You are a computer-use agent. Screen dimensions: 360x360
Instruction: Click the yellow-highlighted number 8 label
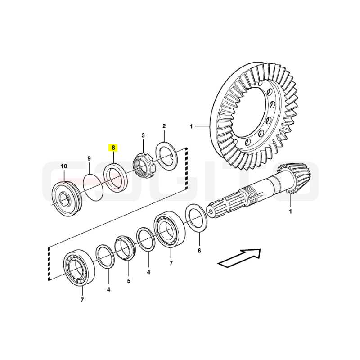pyautogui.click(x=113, y=148)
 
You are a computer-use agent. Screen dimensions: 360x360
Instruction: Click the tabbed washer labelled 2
pyautogui.click(x=166, y=156)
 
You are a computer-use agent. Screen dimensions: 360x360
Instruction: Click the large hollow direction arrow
pyautogui.click(x=239, y=258)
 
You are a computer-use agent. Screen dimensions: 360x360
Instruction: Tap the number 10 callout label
pyautogui.click(x=64, y=166)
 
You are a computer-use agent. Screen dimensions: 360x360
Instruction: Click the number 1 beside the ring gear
pyautogui.click(x=191, y=126)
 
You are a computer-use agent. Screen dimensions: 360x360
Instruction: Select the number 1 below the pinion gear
pyautogui.click(x=290, y=211)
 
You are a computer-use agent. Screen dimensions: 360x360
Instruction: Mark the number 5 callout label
pyautogui.click(x=129, y=280)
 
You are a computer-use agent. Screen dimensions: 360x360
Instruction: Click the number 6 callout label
pyautogui.click(x=199, y=251)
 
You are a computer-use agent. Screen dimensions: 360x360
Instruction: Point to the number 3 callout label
pyautogui.click(x=143, y=135)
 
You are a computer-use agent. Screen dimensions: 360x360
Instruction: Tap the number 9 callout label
pyautogui.click(x=89, y=158)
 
